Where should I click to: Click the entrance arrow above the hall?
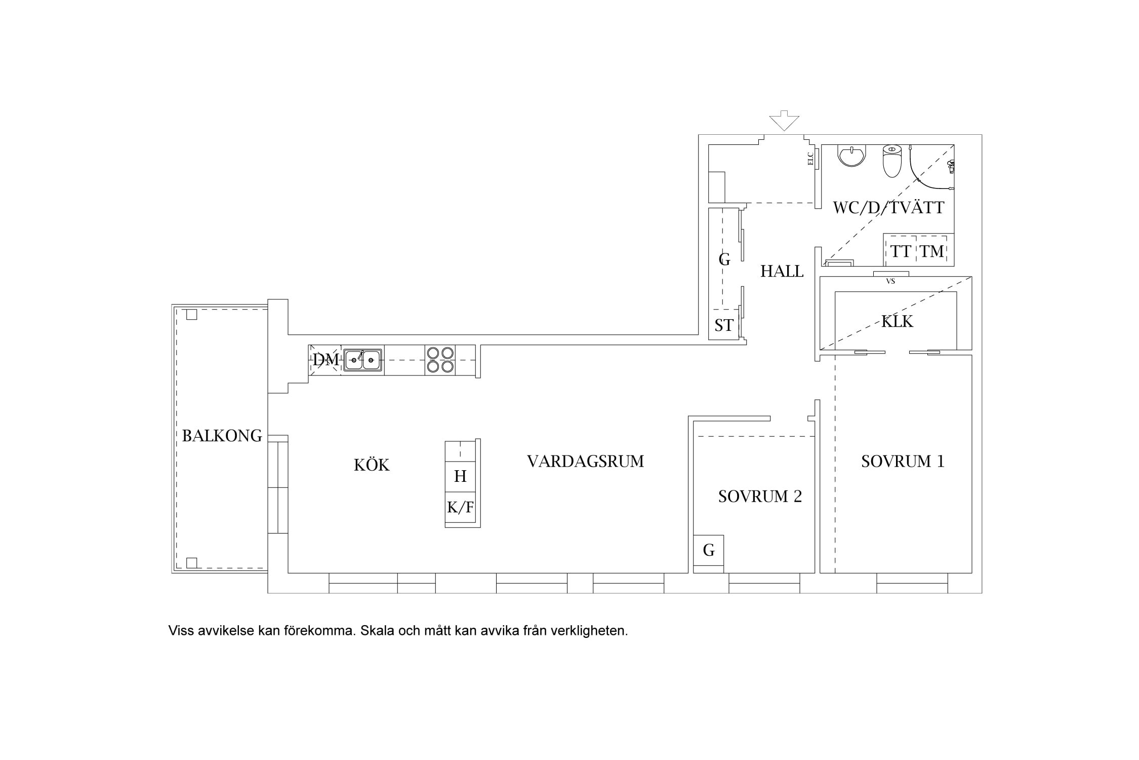point(784,121)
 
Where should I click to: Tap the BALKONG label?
point(222,436)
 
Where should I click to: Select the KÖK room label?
point(372,465)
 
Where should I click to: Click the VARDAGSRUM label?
point(585,461)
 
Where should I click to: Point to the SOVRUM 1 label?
point(903,461)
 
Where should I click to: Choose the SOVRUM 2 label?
point(760,496)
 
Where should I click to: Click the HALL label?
point(782,272)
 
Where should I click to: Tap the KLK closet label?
point(897,321)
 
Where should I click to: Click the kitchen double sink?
point(363,360)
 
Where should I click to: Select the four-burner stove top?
point(440,360)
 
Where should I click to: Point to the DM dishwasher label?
point(326,360)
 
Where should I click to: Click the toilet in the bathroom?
point(892,161)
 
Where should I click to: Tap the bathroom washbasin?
point(852,155)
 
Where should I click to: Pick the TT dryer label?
point(901,251)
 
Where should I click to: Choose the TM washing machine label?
point(931,251)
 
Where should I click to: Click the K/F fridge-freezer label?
point(460,507)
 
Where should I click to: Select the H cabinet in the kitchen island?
point(460,476)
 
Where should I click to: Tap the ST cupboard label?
point(724,325)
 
